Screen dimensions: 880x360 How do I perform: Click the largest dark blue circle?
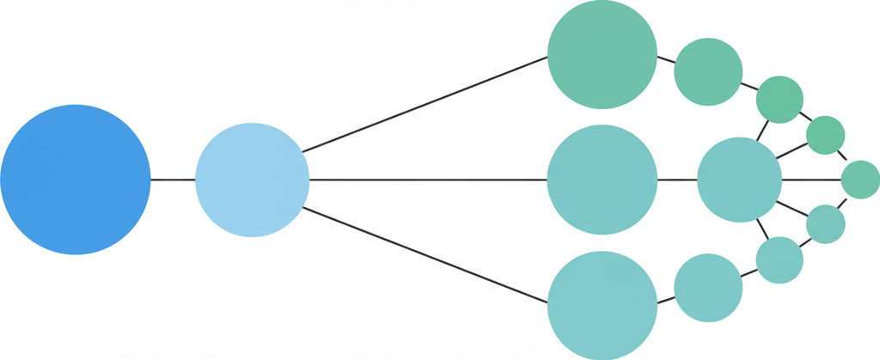click(76, 180)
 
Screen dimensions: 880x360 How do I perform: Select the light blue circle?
click(252, 180)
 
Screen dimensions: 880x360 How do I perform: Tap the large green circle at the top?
click(602, 54)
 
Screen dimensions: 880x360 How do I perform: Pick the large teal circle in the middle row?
click(602, 180)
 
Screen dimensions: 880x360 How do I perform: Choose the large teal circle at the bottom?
click(602, 305)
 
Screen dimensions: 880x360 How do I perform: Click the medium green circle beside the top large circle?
click(708, 72)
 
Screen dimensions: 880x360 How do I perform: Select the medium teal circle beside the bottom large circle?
click(708, 288)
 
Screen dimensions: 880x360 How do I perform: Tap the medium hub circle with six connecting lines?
click(739, 180)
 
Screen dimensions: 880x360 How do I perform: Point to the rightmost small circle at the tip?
click(860, 180)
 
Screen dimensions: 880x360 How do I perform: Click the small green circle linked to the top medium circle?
click(779, 99)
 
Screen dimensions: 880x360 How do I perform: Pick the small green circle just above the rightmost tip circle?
click(826, 135)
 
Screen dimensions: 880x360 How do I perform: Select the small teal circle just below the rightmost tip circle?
click(826, 224)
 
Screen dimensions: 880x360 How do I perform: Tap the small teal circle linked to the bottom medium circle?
click(779, 260)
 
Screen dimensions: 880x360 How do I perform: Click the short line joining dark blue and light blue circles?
click(173, 180)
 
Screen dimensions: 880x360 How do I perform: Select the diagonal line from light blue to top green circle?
click(425, 104)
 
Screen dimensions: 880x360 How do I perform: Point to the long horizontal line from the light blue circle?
click(428, 180)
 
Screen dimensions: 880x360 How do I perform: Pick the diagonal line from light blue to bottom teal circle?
click(425, 255)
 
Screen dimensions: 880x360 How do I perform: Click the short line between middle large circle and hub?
click(677, 180)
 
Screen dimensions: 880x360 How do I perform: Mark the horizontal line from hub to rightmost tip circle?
click(811, 180)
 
